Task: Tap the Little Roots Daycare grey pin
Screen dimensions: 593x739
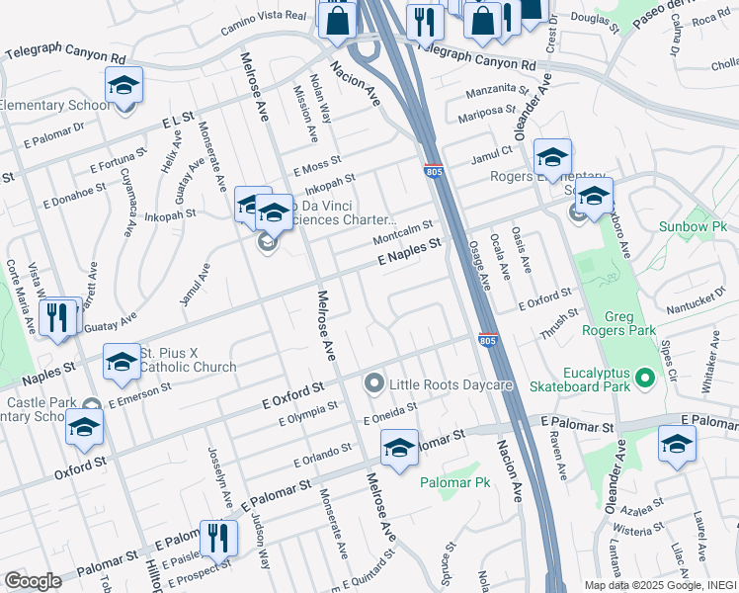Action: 374,382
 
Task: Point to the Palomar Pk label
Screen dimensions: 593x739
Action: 454,482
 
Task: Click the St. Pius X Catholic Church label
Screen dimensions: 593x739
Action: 188,360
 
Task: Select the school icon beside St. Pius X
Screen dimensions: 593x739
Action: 122,363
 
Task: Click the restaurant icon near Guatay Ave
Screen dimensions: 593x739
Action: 60,317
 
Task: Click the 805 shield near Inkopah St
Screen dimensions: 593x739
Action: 433,171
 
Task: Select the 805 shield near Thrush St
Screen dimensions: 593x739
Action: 487,340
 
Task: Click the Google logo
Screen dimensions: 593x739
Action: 33,581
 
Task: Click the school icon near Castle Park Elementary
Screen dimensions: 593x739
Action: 84,428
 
